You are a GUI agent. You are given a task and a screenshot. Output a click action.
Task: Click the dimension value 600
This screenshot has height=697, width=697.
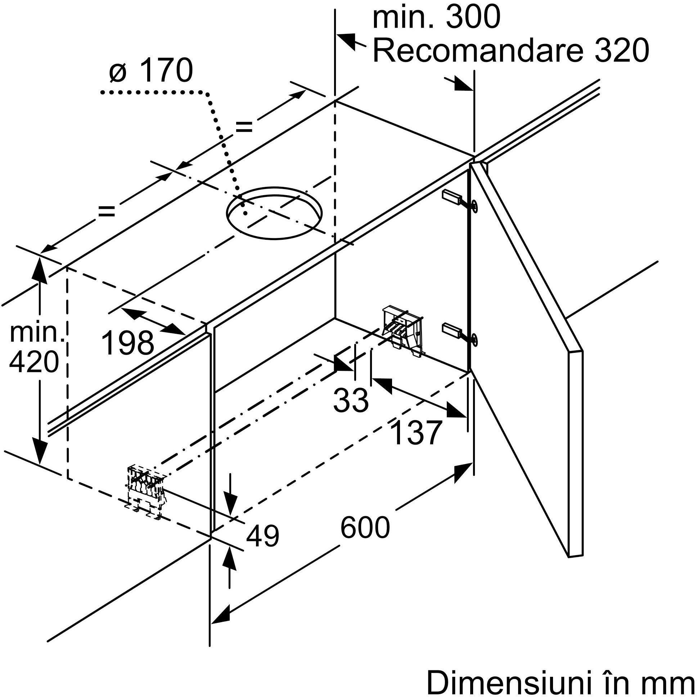pos(365,528)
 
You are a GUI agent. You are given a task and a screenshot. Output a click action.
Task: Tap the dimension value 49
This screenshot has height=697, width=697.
pos(263,536)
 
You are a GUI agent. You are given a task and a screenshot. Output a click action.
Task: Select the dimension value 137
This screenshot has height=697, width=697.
pos(416,432)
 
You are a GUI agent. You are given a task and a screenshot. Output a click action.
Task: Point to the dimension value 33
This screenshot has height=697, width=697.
pos(351,400)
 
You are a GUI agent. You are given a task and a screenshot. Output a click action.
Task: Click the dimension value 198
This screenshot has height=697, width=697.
pos(128,342)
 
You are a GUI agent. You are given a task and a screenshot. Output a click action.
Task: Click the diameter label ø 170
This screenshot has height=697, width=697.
pos(151,71)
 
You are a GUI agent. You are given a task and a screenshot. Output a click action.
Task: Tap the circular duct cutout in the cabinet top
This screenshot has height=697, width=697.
pos(274,213)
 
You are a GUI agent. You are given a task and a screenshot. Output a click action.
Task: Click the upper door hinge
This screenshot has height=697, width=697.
pos(460,200)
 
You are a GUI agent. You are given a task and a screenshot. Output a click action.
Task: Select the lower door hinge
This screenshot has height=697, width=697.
pos(460,332)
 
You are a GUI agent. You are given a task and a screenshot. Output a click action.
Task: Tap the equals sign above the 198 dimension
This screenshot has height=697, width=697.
pos(107,211)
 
